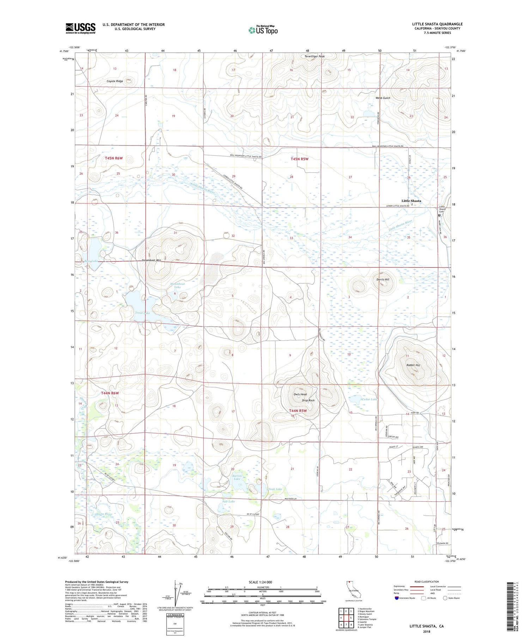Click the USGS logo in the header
click(x=80, y=28)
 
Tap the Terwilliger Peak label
click(x=315, y=56)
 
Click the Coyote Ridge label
click(x=115, y=81)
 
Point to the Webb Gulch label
click(x=383, y=98)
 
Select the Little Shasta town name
click(x=411, y=201)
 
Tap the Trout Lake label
click(x=142, y=313)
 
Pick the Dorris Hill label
click(x=383, y=279)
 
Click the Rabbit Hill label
click(x=413, y=365)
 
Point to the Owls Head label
click(x=300, y=394)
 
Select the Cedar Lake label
click(x=370, y=399)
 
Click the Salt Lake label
click(x=229, y=501)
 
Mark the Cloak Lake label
click(x=274, y=489)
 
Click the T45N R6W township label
click(x=114, y=158)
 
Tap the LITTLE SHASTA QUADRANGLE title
click(x=437, y=24)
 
